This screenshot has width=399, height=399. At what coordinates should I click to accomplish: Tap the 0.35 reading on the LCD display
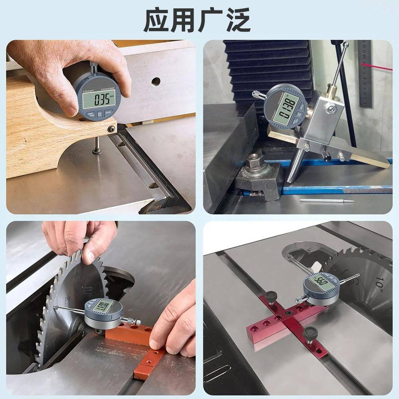[x=99, y=99]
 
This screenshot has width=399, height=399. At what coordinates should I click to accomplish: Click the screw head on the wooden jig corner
[x=112, y=128]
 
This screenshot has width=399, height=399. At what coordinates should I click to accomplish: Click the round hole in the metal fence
[x=156, y=82]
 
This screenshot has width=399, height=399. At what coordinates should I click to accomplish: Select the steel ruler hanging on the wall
[x=365, y=74]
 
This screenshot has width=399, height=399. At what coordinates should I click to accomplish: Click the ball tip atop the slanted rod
[x=345, y=45]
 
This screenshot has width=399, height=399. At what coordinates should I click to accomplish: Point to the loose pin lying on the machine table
[x=326, y=200]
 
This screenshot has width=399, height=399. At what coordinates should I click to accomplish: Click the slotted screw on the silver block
[x=330, y=108]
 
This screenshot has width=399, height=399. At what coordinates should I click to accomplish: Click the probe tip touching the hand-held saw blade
[x=55, y=307]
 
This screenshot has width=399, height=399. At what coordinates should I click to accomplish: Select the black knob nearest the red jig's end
[x=310, y=332]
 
